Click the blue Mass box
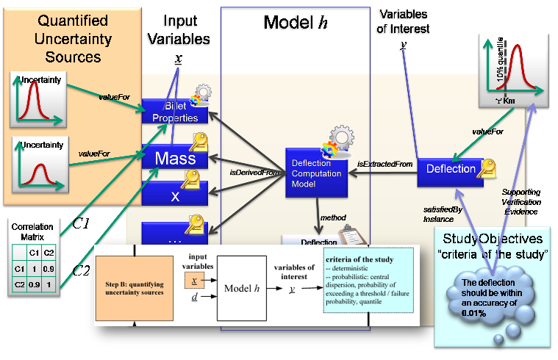174,158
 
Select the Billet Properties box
170,112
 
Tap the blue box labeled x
174,194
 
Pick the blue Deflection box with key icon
450,170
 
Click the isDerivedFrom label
254,172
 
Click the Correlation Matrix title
32,232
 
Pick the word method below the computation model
333,218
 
